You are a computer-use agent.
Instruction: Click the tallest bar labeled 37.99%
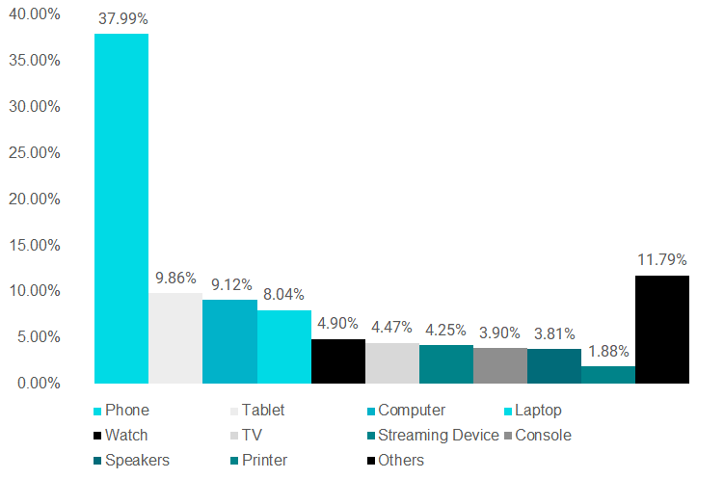[x=121, y=208]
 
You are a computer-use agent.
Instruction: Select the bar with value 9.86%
[x=175, y=337]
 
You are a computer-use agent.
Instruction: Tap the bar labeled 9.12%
[x=229, y=341]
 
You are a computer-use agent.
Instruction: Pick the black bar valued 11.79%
[x=662, y=329]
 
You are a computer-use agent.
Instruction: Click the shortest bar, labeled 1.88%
[x=608, y=374]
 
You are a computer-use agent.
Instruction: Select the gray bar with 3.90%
[x=500, y=365]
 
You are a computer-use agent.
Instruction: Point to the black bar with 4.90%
[x=338, y=360]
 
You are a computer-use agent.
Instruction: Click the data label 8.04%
[x=285, y=295]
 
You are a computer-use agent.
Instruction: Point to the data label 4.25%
[x=446, y=330]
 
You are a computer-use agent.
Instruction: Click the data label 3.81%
[x=554, y=333]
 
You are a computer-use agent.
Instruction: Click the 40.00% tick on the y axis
[x=34, y=14]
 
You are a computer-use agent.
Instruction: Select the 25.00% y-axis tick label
[x=34, y=152]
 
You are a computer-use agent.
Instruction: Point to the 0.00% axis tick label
[x=38, y=383]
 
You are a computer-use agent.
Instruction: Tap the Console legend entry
[x=543, y=436]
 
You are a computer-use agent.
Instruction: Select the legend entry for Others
[x=401, y=461]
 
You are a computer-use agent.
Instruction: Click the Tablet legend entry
[x=263, y=411]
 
